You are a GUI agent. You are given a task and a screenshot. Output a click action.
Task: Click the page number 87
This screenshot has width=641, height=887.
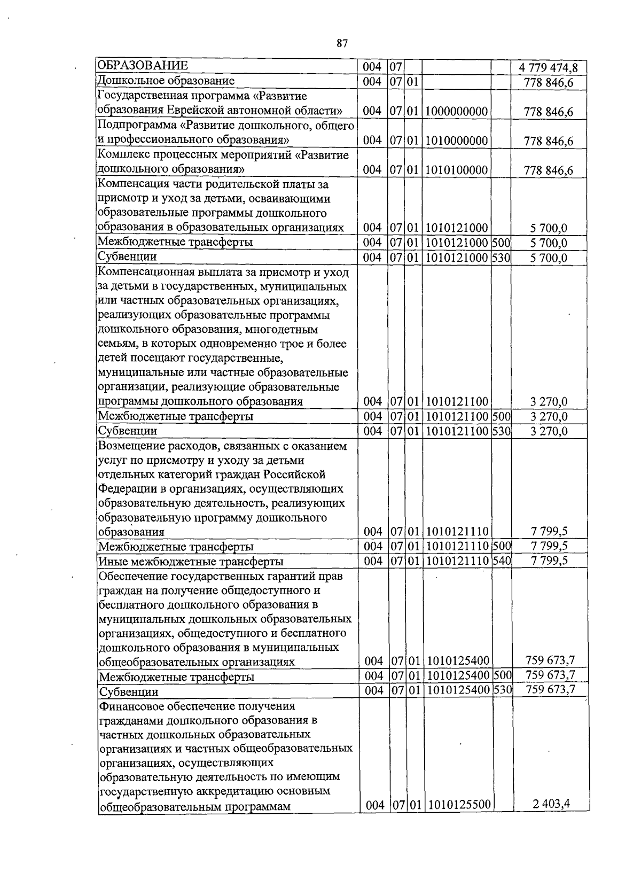342,44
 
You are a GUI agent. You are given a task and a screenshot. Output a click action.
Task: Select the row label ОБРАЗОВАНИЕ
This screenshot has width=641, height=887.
142,66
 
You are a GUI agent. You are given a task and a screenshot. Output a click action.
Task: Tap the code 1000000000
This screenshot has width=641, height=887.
457,112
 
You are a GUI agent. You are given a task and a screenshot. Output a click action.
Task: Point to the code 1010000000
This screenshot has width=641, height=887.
457,141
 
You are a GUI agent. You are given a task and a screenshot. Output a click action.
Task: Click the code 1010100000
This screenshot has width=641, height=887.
457,170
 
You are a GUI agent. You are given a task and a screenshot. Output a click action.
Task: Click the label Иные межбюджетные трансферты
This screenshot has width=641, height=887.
191,562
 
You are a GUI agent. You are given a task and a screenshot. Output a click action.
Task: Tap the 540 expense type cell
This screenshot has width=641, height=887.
502,561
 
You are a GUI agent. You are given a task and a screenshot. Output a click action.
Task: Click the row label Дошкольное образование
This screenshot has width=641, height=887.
166,81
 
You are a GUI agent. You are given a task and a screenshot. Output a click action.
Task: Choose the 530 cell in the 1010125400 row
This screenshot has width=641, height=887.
502,690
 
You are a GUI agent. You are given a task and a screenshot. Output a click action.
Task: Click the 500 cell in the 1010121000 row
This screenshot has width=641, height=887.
501,242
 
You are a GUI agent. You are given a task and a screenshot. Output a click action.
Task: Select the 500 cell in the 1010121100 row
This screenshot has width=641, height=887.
501,416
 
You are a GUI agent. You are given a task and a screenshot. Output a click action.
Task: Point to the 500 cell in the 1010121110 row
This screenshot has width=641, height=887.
502,546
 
